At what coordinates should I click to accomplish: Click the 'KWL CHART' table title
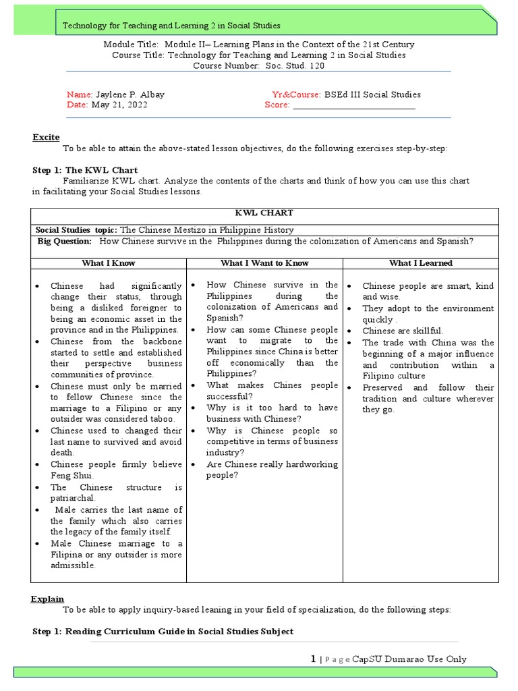pos(264,213)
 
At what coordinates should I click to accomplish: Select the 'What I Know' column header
pos(108,263)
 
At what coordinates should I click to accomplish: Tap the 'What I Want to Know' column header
pos(264,263)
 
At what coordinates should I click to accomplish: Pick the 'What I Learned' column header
pos(420,263)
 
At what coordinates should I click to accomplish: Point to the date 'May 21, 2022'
pos(119,105)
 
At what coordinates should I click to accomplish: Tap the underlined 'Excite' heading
pos(46,138)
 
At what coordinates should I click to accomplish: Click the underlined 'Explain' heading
pos(47,599)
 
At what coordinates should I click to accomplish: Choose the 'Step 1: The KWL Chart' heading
pos(85,170)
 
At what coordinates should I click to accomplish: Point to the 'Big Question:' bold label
pos(64,241)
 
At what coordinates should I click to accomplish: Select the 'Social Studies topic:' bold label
pos(76,230)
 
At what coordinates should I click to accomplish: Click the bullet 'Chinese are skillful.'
pos(403,331)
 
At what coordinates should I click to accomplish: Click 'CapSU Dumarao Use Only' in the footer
pos(409,659)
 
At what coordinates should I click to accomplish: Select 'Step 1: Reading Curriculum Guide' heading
pos(163,632)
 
